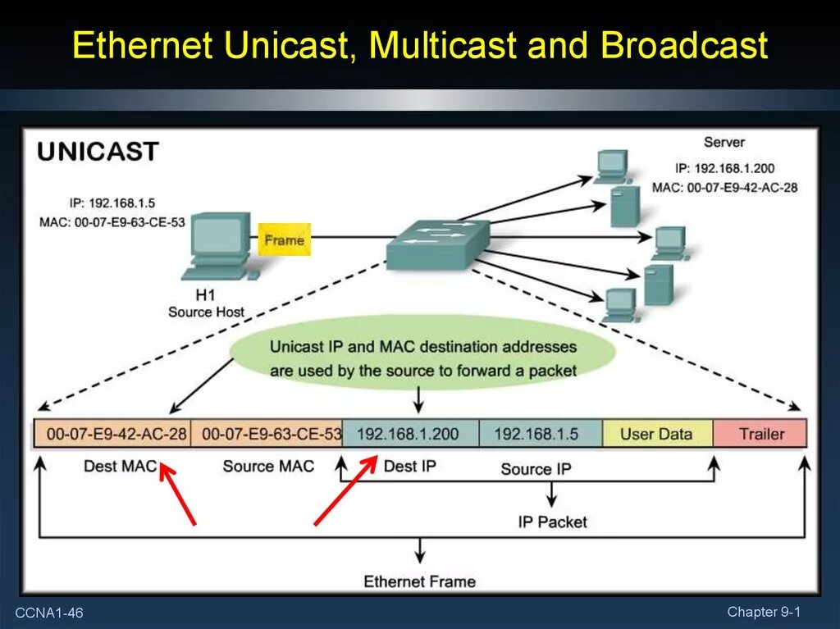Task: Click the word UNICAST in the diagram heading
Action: tap(98, 152)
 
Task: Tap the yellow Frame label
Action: tap(284, 240)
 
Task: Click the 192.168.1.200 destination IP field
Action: tap(408, 434)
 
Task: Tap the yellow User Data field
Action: tap(656, 434)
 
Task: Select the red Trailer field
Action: tap(761, 434)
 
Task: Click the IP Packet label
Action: tap(552, 522)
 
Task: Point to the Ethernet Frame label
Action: tap(419, 581)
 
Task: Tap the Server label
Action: tap(724, 142)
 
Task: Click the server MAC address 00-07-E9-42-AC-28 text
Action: tap(724, 187)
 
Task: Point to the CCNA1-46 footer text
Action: tap(53, 613)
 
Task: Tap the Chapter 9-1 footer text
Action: tap(763, 612)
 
